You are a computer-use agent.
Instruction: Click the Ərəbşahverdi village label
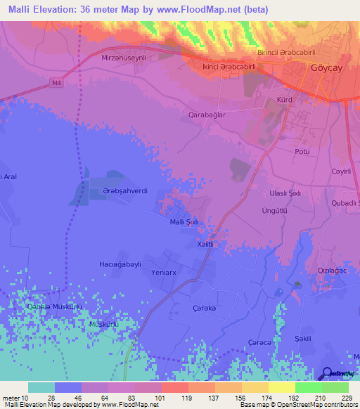click(123, 199)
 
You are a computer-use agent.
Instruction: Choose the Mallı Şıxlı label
click(186, 222)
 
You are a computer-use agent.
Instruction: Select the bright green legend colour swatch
click(308, 387)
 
